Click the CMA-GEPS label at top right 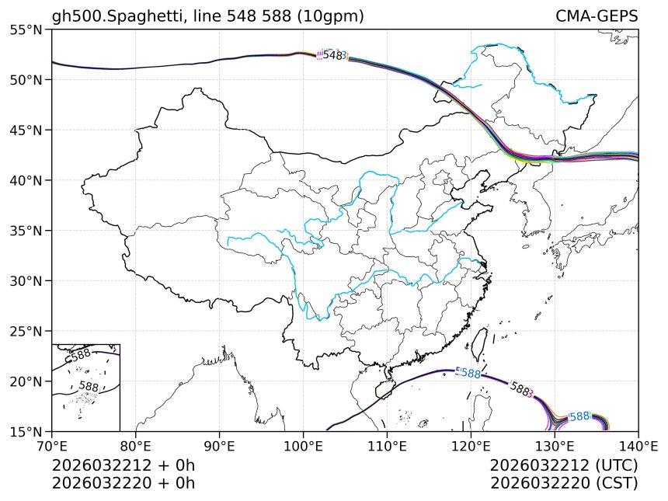(x=597, y=16)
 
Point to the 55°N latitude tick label (x=27, y=30)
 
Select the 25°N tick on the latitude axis (x=27, y=331)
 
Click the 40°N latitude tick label (x=27, y=180)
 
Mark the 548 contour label (x=332, y=55)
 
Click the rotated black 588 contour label (x=520, y=389)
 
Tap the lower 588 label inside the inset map (x=89, y=386)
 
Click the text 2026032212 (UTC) (x=564, y=466)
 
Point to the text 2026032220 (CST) (x=564, y=483)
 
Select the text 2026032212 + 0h (x=124, y=466)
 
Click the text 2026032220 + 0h (x=124, y=483)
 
